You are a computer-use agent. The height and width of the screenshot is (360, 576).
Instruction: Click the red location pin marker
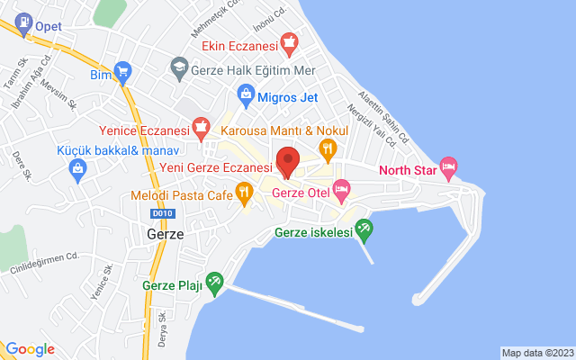point(287,160)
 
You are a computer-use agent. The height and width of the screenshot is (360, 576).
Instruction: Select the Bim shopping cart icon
point(123,73)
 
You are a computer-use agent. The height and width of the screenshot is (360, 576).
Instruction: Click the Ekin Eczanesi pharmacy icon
point(288,41)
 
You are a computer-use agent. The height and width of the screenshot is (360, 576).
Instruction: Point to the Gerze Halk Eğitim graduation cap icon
point(178,67)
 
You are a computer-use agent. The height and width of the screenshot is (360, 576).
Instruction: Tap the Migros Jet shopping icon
point(245,93)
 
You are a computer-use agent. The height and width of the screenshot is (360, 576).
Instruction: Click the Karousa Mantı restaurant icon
point(328,146)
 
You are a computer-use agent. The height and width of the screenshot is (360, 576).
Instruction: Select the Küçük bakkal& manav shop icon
point(77,167)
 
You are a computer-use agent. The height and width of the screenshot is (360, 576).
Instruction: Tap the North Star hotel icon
point(449,166)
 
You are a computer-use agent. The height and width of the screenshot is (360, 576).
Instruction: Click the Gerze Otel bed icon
point(341,189)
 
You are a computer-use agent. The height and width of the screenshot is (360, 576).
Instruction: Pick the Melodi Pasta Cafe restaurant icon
point(243,191)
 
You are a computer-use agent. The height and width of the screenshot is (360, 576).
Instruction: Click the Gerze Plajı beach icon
point(214,284)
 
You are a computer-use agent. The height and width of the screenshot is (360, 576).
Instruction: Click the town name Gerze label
point(164,233)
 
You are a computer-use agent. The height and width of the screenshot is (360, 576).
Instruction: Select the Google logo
point(30,349)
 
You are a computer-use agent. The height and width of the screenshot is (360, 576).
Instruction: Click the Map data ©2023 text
point(536,353)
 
